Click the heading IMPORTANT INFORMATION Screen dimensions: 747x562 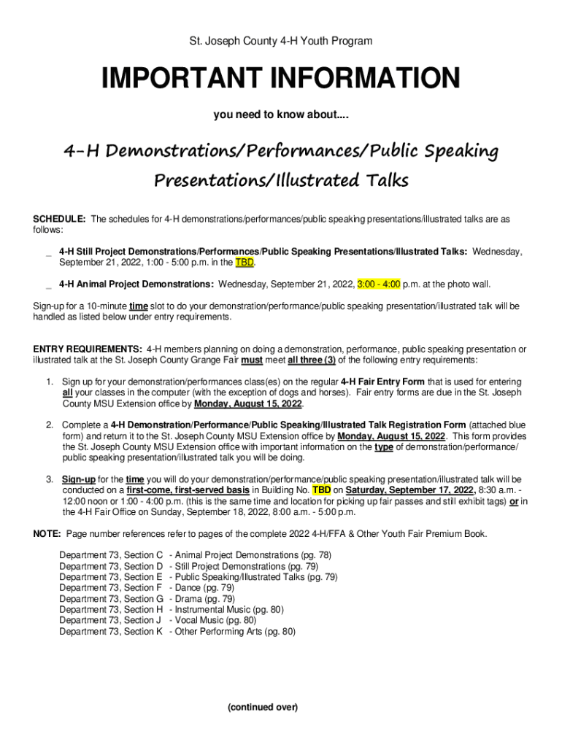(x=281, y=79)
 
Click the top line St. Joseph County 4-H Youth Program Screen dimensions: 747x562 (x=281, y=42)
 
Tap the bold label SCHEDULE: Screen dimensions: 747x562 (x=59, y=219)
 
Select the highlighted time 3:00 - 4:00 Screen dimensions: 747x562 (x=379, y=284)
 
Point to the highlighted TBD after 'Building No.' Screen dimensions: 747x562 (x=321, y=490)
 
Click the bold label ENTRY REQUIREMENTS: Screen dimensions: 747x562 (x=88, y=349)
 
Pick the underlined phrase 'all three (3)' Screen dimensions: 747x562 (x=312, y=360)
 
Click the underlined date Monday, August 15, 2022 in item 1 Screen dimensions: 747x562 (x=248, y=403)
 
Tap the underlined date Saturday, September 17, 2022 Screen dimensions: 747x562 (x=410, y=490)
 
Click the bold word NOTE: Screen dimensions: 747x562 (x=48, y=534)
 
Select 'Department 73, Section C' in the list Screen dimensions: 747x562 (x=111, y=555)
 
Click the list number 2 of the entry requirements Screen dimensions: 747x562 (x=49, y=425)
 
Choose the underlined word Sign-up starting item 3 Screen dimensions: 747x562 (x=78, y=479)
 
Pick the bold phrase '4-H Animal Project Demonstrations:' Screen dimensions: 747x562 (x=136, y=284)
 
